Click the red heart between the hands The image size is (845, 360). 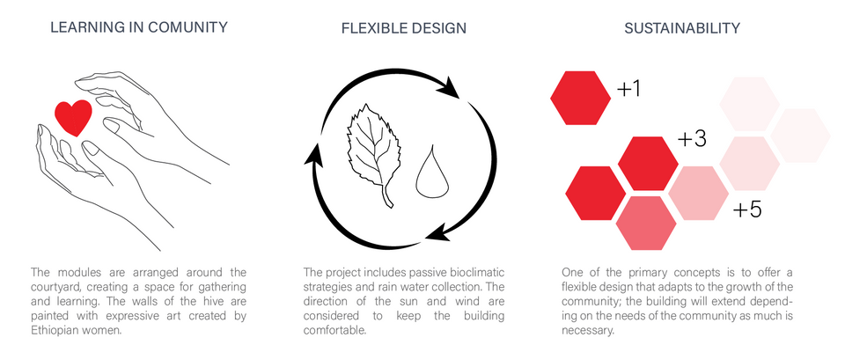pos(73,117)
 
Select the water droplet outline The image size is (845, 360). pos(432,173)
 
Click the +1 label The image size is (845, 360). pos(628,89)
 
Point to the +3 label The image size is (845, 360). pos(692,139)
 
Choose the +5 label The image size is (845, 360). pos(747,209)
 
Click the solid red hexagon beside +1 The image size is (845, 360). pos(580,98)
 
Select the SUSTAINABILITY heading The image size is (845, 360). pos(682,28)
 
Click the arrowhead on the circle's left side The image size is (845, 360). pos(316,158)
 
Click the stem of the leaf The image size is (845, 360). pos(387,196)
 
